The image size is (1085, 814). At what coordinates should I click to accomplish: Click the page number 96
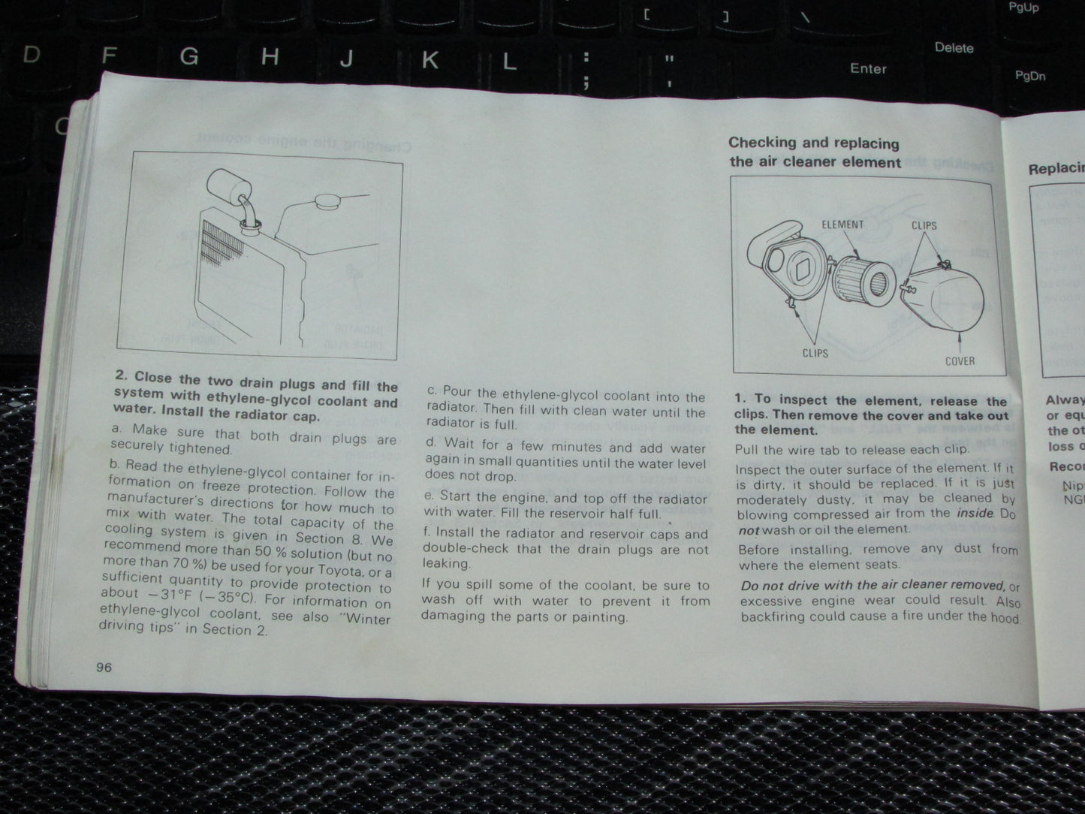[x=104, y=667]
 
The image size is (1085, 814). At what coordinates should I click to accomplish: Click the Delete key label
[x=954, y=47]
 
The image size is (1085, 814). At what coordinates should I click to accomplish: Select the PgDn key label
[x=1029, y=76]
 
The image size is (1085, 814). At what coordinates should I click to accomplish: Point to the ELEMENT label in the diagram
[x=842, y=225]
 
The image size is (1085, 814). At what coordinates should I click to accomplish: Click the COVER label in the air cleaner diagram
[x=960, y=361]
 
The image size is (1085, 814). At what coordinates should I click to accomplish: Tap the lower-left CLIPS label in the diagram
[x=815, y=353]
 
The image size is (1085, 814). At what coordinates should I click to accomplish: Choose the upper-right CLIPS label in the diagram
[x=924, y=225]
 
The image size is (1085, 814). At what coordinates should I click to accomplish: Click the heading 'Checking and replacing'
[x=813, y=143]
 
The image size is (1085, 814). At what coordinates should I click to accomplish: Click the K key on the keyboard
[x=429, y=60]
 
